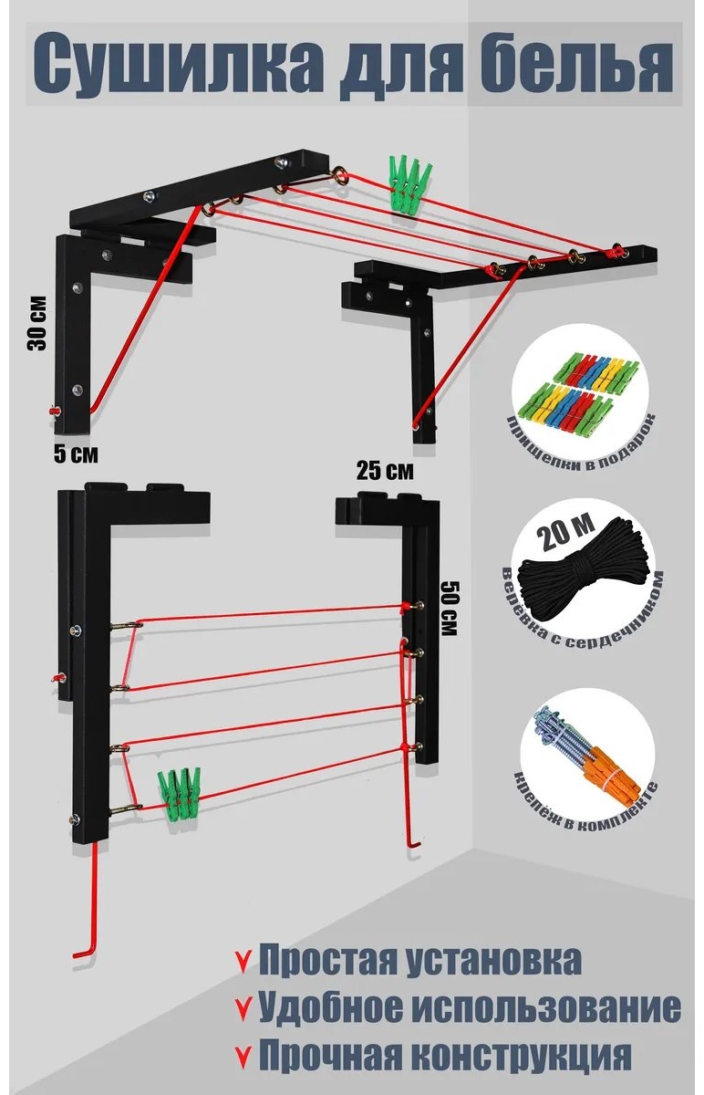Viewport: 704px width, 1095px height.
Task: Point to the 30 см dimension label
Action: [37, 323]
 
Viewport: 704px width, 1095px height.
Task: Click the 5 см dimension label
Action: [76, 454]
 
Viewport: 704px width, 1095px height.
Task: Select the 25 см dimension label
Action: [385, 470]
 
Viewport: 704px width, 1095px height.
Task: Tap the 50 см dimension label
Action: [449, 608]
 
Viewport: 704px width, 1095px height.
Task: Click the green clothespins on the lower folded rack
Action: [179, 794]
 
